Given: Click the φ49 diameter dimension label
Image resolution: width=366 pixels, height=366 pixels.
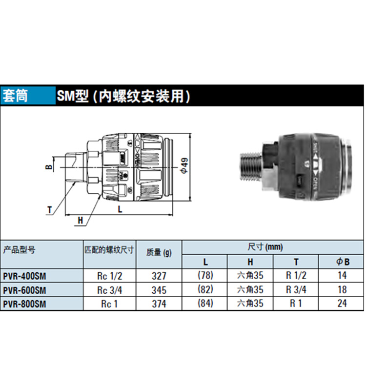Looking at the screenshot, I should pos(183,166).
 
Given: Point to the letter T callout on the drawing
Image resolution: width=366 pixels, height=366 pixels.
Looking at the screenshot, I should pos(50,210).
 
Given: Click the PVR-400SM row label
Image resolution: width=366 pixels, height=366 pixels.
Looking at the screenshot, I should pos(24,276).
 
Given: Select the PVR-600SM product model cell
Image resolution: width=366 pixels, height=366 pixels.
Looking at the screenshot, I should pos(24,290).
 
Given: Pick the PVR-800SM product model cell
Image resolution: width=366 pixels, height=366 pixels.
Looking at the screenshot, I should pos(24,304).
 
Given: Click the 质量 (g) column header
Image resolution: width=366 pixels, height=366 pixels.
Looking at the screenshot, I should pos(159,252).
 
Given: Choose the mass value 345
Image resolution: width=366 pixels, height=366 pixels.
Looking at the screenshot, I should pos(159,290).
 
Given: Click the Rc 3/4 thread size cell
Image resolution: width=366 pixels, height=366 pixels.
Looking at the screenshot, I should pos(109,290).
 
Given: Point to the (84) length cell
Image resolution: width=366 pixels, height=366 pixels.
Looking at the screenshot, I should pos(204,304).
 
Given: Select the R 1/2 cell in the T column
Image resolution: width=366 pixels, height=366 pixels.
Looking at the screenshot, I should pos(296,276).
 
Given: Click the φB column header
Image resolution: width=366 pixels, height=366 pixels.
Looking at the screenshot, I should pos(343,262).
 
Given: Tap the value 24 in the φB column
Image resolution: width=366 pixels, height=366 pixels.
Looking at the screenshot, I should pos(342,304).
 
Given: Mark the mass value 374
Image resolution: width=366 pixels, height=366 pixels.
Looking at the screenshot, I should pos(159,304).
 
